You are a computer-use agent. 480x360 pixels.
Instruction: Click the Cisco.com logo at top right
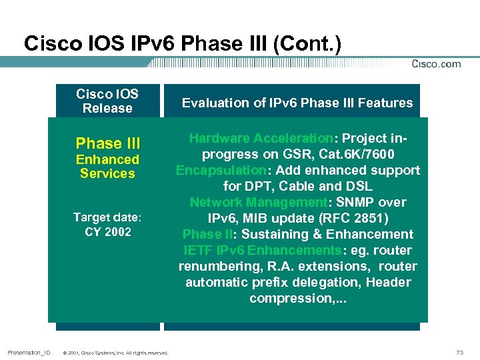click(436, 64)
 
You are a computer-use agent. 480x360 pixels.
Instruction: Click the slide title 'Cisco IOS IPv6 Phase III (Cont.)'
click(182, 43)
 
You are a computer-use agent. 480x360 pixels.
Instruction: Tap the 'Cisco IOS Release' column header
click(107, 101)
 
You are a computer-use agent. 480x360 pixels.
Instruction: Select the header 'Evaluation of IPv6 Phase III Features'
click(297, 103)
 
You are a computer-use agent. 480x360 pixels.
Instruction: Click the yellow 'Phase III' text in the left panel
click(108, 143)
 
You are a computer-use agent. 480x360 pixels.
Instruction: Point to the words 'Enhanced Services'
click(107, 166)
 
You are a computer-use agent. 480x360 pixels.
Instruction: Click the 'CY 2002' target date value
click(108, 232)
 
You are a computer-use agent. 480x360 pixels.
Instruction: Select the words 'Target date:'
click(108, 217)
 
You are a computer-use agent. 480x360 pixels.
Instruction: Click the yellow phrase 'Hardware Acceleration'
click(261, 139)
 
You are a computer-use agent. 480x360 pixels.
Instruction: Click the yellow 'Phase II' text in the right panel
click(207, 234)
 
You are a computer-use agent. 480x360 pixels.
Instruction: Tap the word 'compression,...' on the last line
click(297, 298)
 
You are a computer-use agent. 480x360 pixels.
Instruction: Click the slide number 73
click(458, 352)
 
